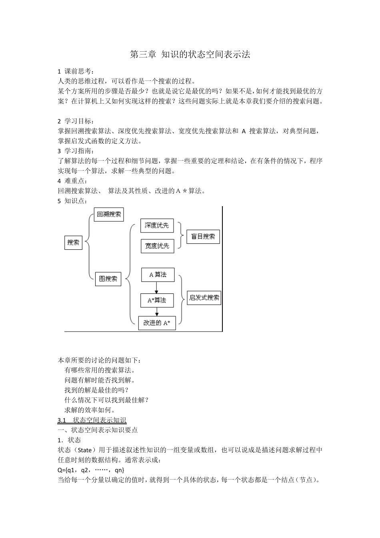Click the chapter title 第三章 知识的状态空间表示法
click(190, 55)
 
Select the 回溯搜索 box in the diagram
click(109, 215)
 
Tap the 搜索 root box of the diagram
click(73, 243)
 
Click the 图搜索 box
click(108, 279)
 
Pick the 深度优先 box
click(157, 226)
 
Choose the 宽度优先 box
click(157, 246)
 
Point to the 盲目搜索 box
click(203, 237)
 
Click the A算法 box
click(158, 275)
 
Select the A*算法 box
click(157, 300)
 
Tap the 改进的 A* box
click(157, 323)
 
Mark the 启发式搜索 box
click(204, 298)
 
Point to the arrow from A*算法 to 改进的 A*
click(157, 312)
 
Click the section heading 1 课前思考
click(76, 71)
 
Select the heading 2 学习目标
click(76, 121)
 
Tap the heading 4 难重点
click(72, 181)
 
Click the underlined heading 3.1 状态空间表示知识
click(92, 420)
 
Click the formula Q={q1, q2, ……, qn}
click(91, 470)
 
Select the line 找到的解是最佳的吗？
click(96, 390)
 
